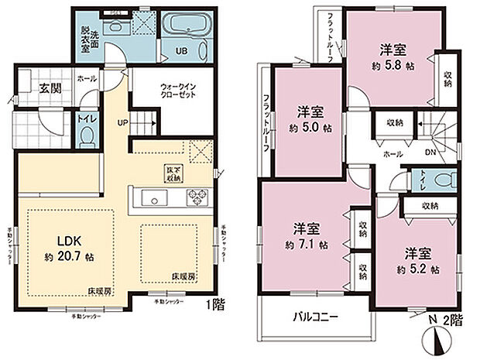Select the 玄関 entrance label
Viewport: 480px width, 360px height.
coord(51,87)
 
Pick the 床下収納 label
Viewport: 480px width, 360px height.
coord(173,173)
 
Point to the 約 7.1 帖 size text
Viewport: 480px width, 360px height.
coord(307,245)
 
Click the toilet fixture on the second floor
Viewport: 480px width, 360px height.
coord(444,180)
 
